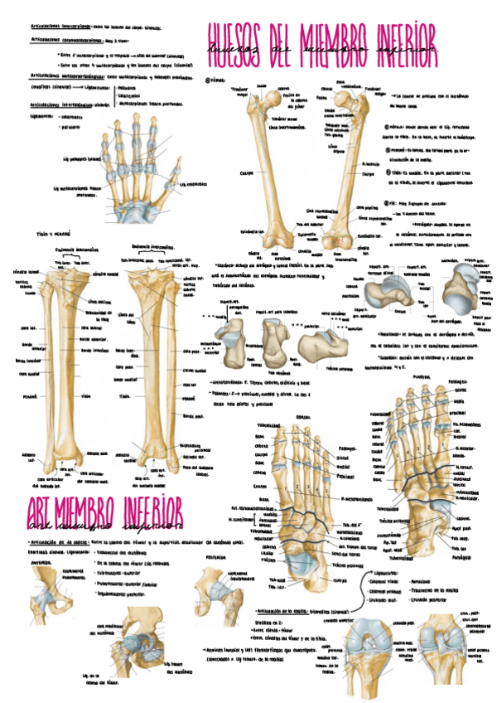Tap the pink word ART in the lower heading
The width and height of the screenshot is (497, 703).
pos(42,507)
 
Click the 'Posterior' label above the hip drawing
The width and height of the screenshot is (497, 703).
pos(209,558)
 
